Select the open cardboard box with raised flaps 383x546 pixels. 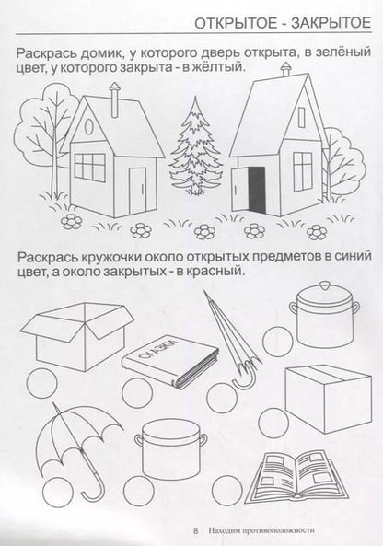coord(75,335)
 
